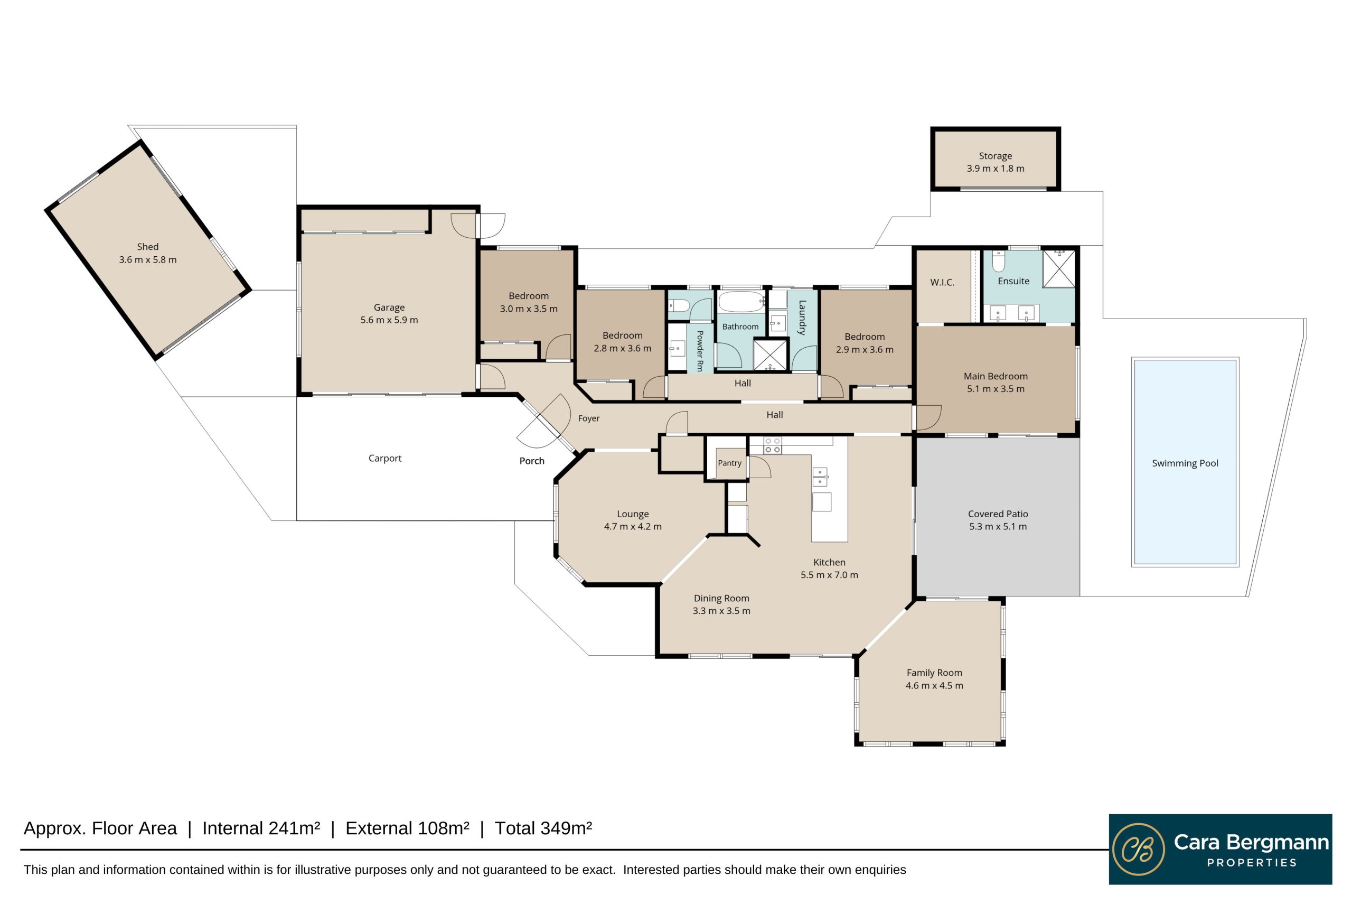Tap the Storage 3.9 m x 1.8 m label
[x=996, y=162]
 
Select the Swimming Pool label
[x=1185, y=463]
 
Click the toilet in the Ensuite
[x=999, y=261]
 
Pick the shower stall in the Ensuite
[x=1059, y=268]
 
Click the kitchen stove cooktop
[x=772, y=445]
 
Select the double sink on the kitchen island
[x=820, y=477]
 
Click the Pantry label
[x=729, y=463]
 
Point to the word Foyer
[x=589, y=418]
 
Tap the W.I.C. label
[x=942, y=283]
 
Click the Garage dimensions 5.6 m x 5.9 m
[x=389, y=320]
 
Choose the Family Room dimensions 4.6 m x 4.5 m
[x=934, y=685]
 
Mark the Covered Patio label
[x=998, y=514]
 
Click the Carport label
[x=385, y=459]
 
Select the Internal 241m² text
[x=261, y=828]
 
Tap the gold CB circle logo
[x=1138, y=849]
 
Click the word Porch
[x=532, y=461]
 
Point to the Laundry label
[x=802, y=318]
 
